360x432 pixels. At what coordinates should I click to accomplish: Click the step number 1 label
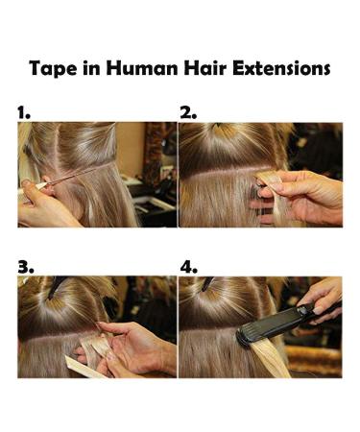[x=24, y=112]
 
